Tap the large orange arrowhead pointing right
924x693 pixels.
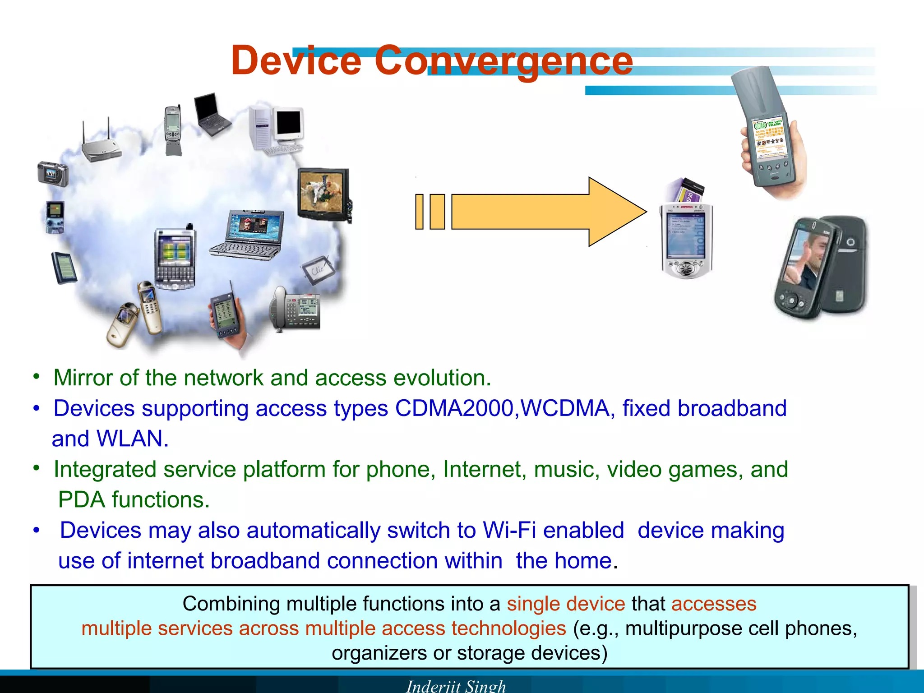click(x=616, y=212)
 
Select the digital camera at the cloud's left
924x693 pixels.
click(x=53, y=174)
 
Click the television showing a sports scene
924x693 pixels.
click(x=323, y=194)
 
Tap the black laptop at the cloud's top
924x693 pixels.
click(x=211, y=115)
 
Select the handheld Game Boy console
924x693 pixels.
click(x=55, y=217)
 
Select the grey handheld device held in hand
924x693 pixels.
click(x=767, y=135)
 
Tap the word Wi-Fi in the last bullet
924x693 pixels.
click(x=509, y=530)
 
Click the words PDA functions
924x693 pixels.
click(x=134, y=500)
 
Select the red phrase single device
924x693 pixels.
click(x=566, y=604)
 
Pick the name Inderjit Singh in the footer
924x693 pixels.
click(x=456, y=686)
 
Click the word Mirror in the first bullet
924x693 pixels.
click(x=83, y=378)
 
